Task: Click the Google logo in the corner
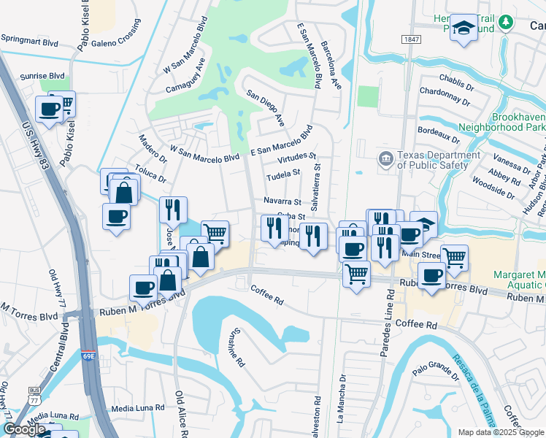click(26, 429)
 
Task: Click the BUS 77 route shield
click(34, 396)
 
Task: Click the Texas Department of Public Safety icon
click(385, 158)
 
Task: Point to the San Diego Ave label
click(265, 108)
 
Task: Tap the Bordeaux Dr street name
click(438, 134)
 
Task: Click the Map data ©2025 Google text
click(501, 432)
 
